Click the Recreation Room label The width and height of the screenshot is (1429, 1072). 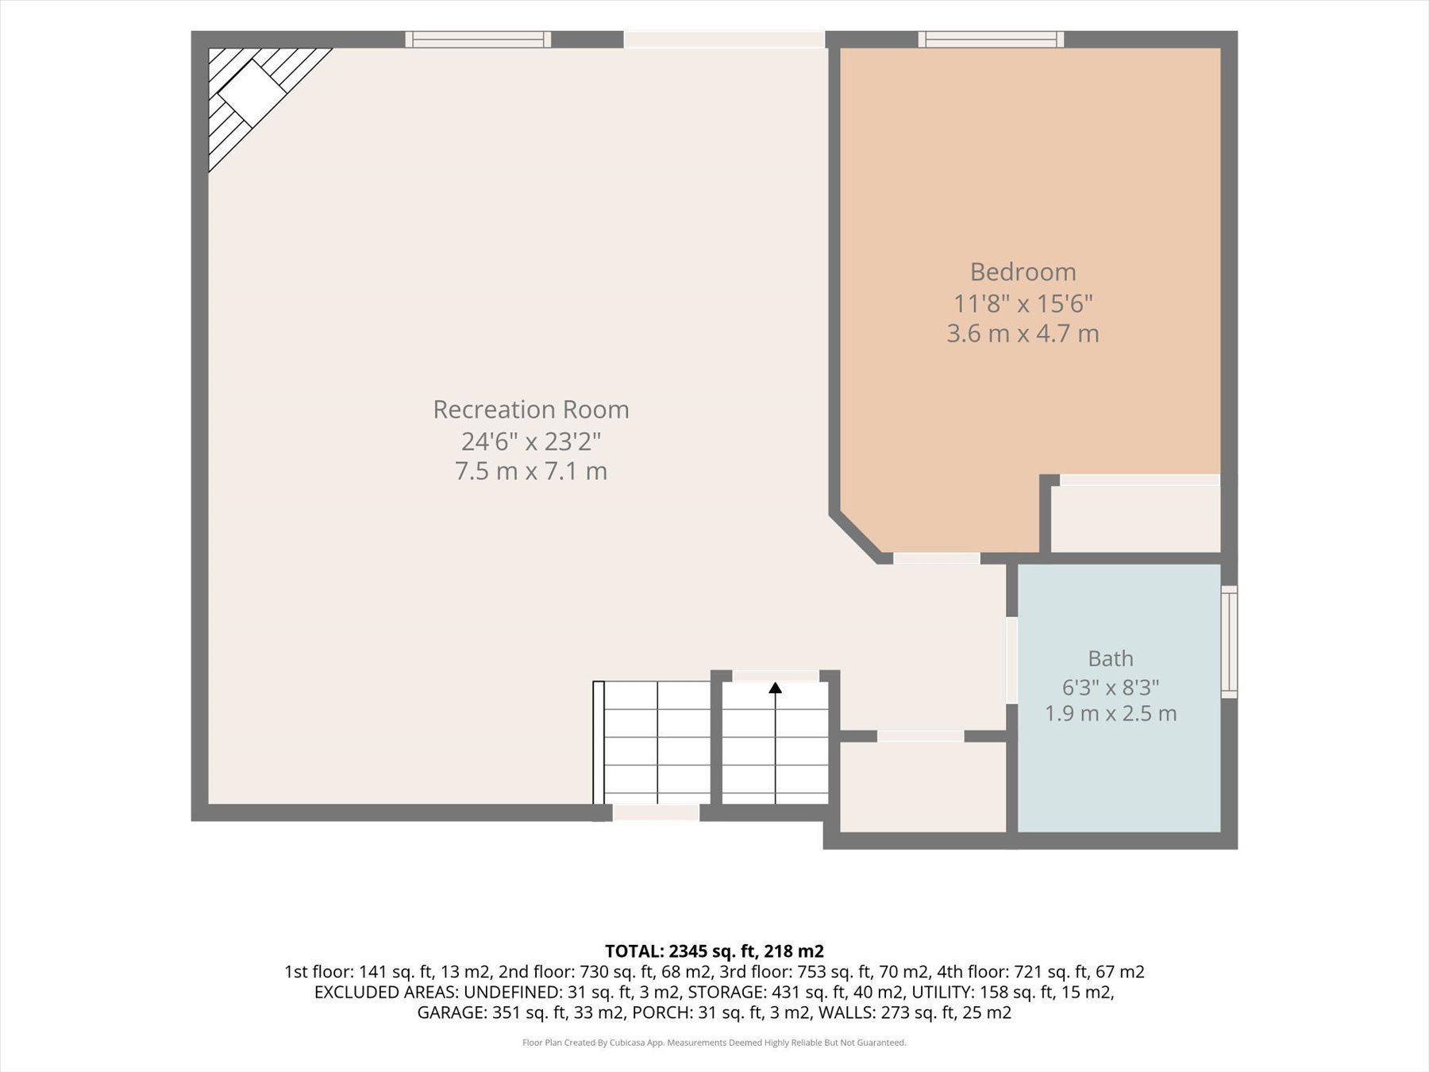click(x=531, y=410)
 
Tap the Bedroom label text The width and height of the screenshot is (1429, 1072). click(x=1023, y=272)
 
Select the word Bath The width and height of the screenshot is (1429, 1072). click(x=1111, y=658)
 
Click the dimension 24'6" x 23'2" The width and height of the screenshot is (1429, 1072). click(x=531, y=441)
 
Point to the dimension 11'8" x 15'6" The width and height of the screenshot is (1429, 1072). click(x=1023, y=303)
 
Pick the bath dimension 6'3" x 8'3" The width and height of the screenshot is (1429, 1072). click(x=1111, y=687)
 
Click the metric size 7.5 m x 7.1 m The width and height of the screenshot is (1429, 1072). click(x=531, y=472)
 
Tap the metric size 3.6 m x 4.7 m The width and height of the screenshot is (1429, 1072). click(x=1023, y=334)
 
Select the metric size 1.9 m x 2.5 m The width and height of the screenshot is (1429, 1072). click(x=1111, y=713)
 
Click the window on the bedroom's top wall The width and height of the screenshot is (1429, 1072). click(x=992, y=39)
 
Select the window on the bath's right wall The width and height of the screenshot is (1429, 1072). click(x=1229, y=642)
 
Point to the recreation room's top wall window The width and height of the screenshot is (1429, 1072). click(x=478, y=39)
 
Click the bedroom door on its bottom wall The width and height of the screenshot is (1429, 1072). click(x=937, y=558)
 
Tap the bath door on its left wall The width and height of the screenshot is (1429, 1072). click(x=1012, y=660)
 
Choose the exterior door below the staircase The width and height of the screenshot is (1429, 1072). click(x=656, y=812)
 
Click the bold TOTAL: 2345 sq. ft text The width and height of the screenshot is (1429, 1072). click(x=684, y=951)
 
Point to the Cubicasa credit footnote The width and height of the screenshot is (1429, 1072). click(x=714, y=1043)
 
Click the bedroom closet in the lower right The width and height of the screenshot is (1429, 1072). click(x=1135, y=519)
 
